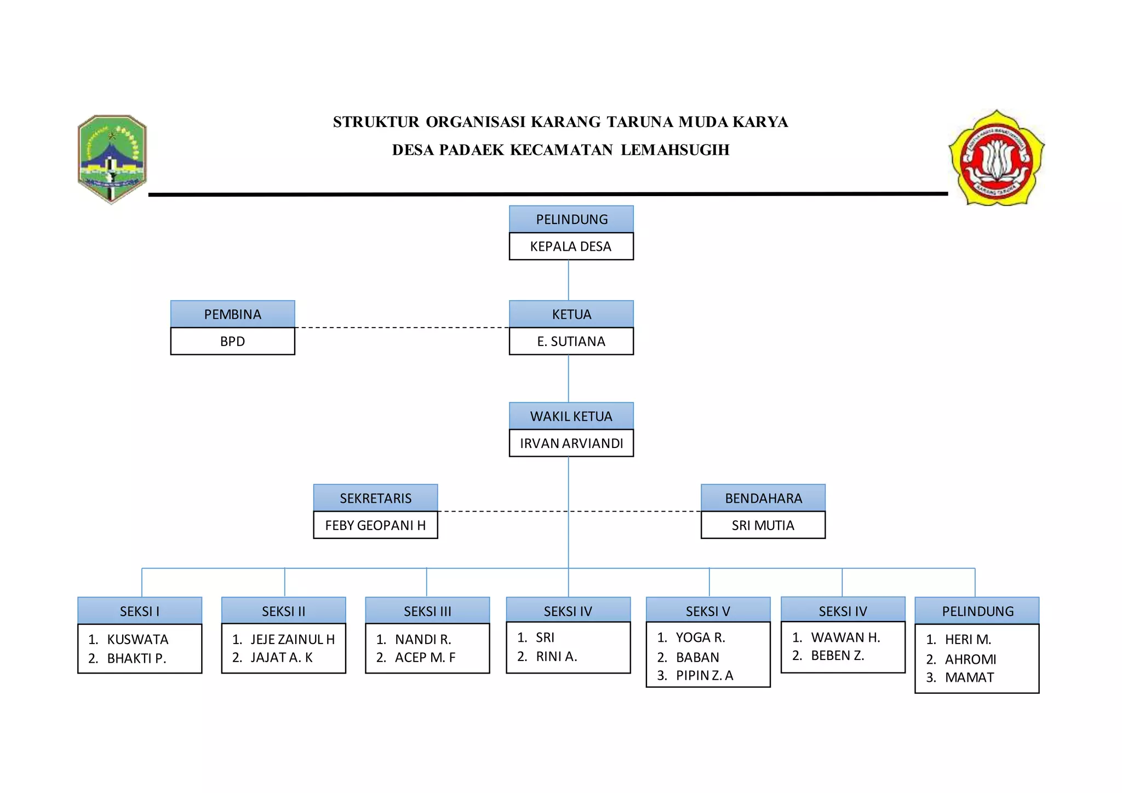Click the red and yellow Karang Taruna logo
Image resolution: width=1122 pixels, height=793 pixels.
[x=996, y=158]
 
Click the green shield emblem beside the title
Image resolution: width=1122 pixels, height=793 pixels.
[x=112, y=158]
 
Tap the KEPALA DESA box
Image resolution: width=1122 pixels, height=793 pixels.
[x=571, y=246]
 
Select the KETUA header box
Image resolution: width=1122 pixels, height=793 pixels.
[x=571, y=314]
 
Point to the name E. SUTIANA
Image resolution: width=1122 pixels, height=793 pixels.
[x=571, y=341]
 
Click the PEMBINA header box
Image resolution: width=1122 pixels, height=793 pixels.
[x=232, y=314]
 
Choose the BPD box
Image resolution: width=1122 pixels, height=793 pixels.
[x=232, y=341]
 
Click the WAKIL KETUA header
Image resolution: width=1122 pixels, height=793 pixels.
[x=571, y=416]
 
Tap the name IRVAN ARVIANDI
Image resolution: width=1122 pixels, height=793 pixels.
[x=571, y=443]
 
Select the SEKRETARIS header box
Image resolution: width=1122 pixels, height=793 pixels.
[x=375, y=498]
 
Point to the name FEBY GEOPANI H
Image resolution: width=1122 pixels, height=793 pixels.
[x=375, y=525]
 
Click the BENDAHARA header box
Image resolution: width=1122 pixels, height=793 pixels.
[x=763, y=498]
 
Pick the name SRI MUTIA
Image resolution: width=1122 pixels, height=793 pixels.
[x=763, y=525]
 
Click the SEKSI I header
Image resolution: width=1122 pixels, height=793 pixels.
[x=140, y=611]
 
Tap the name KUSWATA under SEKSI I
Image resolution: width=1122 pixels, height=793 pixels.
[x=138, y=639]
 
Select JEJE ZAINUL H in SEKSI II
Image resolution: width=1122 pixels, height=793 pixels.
[x=293, y=639]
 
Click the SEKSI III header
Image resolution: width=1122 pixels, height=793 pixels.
[x=427, y=611]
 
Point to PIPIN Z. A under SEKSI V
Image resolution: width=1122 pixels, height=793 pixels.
[x=704, y=675]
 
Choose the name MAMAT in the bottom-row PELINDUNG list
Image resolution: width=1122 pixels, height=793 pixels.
[x=969, y=677]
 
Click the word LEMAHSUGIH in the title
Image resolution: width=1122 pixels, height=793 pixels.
[x=675, y=150]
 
